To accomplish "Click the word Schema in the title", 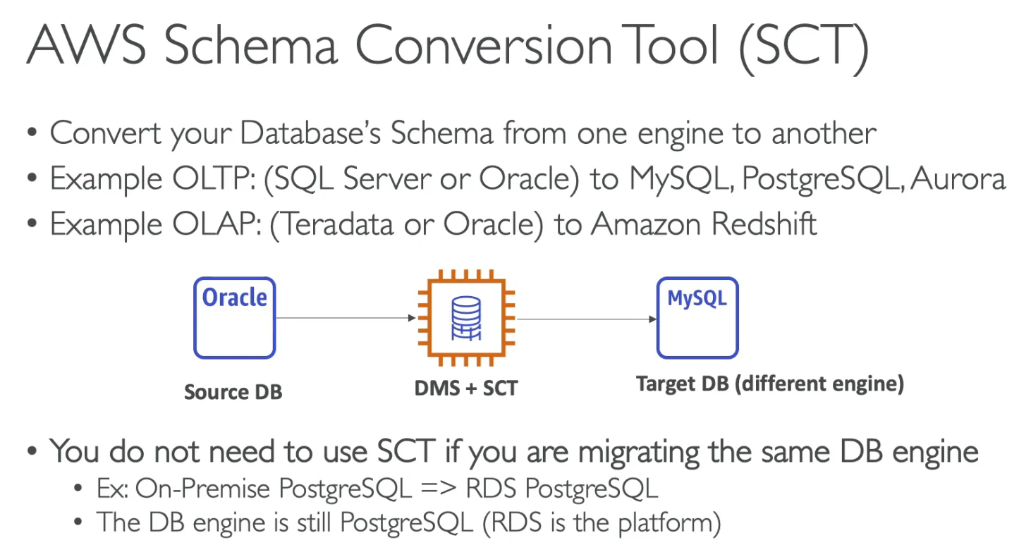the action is click(x=251, y=45).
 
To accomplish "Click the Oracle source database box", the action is click(x=235, y=317).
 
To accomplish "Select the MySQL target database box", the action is click(x=697, y=317).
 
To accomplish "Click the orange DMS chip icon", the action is click(x=466, y=317).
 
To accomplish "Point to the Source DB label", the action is click(x=233, y=392).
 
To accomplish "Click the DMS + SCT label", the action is click(x=466, y=388).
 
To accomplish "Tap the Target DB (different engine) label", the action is click(x=770, y=384).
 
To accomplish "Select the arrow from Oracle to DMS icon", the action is click(x=346, y=317).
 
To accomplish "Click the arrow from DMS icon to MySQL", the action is click(x=587, y=319).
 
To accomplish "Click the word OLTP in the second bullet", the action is click(x=214, y=178).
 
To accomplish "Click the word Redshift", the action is click(x=764, y=224).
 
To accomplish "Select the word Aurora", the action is click(x=958, y=178).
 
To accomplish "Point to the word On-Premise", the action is click(x=202, y=488).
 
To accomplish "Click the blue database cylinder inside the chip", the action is click(x=466, y=318).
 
